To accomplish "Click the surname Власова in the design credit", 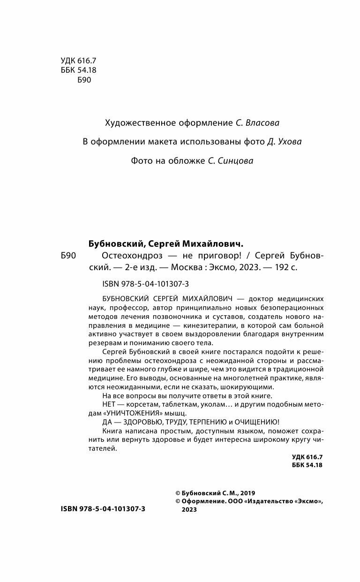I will click(x=263, y=123).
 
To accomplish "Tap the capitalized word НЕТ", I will click(x=109, y=403).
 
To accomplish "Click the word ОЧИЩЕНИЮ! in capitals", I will click(x=255, y=421).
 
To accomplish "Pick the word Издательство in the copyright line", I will click(x=270, y=501).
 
